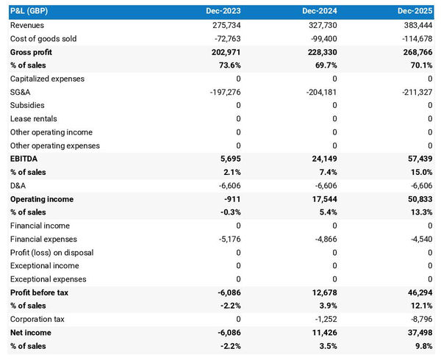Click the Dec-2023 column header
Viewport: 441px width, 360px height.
pyautogui.click(x=224, y=12)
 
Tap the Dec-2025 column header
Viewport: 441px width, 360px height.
pyautogui.click(x=415, y=12)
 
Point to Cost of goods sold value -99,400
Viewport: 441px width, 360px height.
pyautogui.click(x=320, y=38)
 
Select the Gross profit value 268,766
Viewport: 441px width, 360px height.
pyautogui.click(x=416, y=52)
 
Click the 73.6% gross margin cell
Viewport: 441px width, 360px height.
pyautogui.click(x=228, y=65)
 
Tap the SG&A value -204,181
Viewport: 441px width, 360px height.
pyautogui.click(x=318, y=92)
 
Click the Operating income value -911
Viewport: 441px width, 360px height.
pyautogui.click(x=233, y=199)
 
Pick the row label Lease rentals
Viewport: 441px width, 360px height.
pyautogui.click(x=34, y=119)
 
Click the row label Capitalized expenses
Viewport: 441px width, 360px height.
pyautogui.click(x=47, y=79)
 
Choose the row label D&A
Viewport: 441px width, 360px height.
pyautogui.click(x=18, y=186)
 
